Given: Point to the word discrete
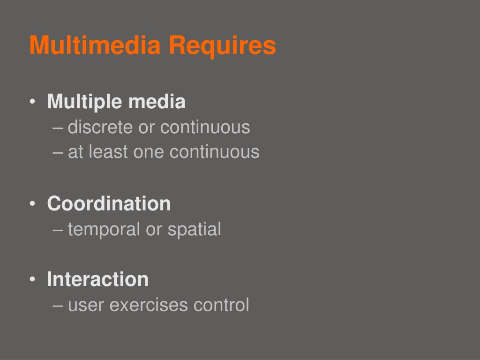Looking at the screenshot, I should click(100, 127).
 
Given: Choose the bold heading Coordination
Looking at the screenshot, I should click(109, 203).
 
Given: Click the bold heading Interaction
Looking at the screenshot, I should click(97, 279).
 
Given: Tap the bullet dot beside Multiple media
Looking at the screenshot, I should click(32, 103).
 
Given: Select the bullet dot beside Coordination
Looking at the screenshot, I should click(32, 204).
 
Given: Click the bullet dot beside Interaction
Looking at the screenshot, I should click(32, 280).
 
